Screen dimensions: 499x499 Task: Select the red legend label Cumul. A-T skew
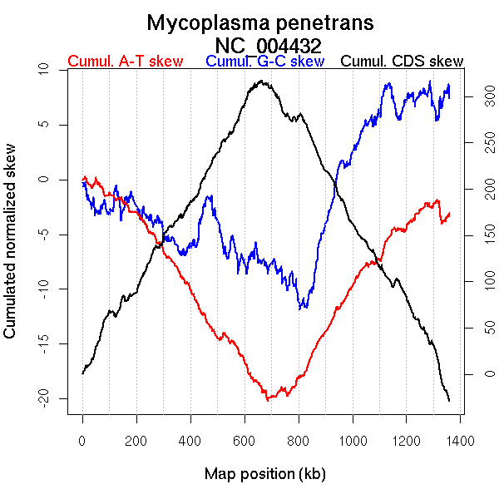pos(126,62)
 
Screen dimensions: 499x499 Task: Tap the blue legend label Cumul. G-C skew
pos(264,62)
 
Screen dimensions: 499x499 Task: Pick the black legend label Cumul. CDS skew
pos(403,62)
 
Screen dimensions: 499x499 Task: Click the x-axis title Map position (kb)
pos(264,475)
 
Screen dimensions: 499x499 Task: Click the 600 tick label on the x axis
pos(244,440)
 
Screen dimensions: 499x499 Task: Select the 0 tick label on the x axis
pos(82,440)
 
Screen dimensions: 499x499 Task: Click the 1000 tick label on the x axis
pos(352,440)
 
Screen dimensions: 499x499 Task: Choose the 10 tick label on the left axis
pos(47,71)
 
